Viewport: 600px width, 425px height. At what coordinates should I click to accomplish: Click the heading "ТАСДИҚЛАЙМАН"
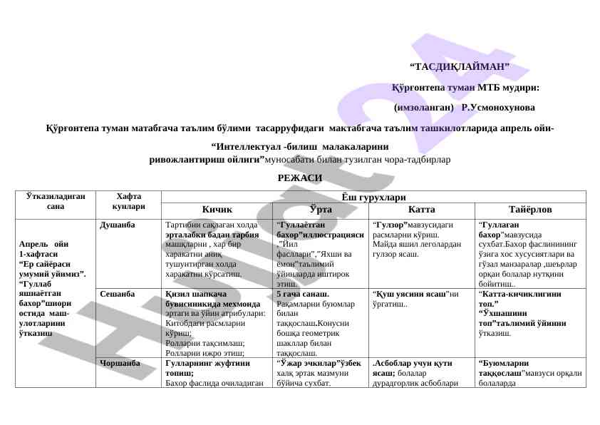pos(460,68)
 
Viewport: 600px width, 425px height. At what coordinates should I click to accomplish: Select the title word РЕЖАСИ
pos(299,178)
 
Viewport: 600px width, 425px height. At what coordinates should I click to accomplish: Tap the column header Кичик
pos(216,210)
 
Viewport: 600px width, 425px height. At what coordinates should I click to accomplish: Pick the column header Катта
pos(420,210)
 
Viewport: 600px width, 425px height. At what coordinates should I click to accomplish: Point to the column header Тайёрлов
pos(529,210)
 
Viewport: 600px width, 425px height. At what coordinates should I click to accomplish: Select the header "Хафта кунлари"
pos(129,200)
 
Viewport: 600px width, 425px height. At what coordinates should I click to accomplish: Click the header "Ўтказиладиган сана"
pos(56,200)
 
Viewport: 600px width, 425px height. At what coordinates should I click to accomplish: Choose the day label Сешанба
pos(117,293)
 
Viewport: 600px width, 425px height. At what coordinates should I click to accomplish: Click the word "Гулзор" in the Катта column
pos(390,224)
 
